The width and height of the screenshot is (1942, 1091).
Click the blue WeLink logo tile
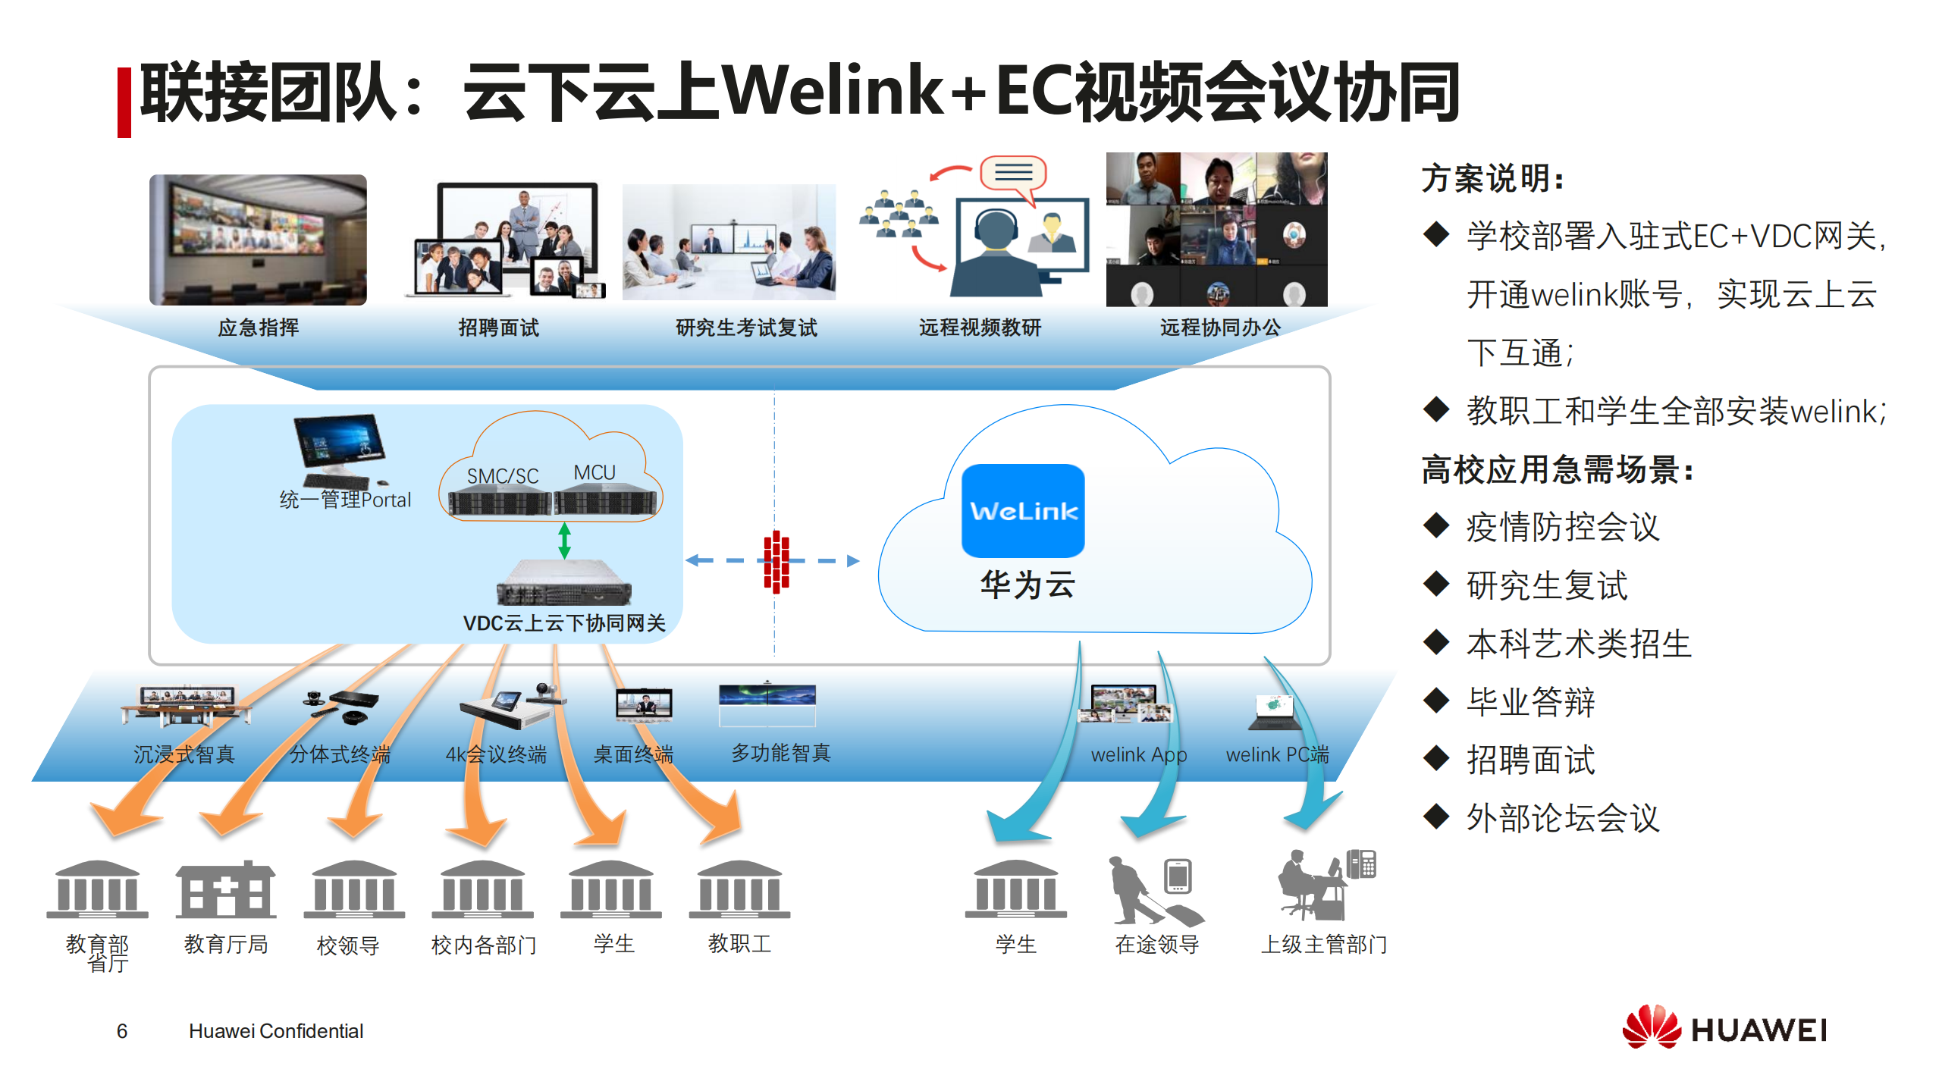(1022, 510)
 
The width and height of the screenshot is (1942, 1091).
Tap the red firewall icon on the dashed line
(776, 561)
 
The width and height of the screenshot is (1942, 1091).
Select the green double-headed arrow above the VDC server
(564, 541)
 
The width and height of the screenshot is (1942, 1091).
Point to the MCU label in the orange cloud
(595, 472)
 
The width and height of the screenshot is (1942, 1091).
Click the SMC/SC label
(502, 476)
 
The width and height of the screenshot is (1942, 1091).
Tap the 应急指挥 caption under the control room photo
(258, 328)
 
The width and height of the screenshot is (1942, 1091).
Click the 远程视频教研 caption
(980, 328)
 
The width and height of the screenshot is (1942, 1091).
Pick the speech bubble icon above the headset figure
(1013, 174)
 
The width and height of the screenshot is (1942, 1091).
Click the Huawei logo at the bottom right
(1724, 1029)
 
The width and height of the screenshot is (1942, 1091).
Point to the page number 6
(122, 1031)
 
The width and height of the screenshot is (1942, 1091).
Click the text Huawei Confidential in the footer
(276, 1031)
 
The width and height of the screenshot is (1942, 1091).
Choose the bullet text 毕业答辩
(1530, 702)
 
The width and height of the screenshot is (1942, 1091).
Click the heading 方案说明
(1491, 180)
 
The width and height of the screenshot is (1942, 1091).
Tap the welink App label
(1138, 754)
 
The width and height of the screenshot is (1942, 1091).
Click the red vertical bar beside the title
(124, 102)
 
